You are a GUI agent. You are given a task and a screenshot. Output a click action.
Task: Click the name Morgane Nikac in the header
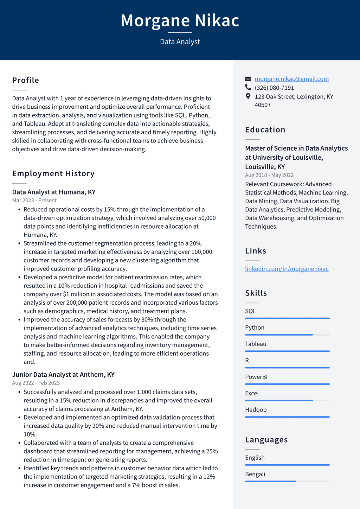pos(180,20)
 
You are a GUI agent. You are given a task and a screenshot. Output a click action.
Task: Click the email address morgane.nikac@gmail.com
pos(291,79)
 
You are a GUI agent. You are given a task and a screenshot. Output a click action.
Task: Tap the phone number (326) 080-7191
pos(274,88)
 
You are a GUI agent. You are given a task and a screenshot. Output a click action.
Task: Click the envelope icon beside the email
pos(248,79)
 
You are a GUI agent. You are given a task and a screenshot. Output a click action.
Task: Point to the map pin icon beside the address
pos(248,96)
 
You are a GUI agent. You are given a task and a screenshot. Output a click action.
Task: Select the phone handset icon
pos(248,88)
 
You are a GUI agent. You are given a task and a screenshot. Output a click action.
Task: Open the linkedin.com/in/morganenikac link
pos(287,269)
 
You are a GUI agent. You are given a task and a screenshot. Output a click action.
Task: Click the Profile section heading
pos(26,80)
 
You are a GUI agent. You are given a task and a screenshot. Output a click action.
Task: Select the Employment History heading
pos(53,173)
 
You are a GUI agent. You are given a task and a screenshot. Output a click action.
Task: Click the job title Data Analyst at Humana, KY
pos(54,192)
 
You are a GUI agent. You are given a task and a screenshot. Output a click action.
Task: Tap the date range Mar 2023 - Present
pos(34,201)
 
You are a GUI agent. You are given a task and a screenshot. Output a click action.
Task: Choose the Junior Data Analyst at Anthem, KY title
pos(63,375)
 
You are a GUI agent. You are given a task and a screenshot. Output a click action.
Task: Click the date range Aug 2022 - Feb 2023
pos(36,383)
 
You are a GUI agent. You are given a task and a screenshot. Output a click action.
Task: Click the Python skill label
pos(255,327)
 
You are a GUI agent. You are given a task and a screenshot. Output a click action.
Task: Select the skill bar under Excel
pos(287,400)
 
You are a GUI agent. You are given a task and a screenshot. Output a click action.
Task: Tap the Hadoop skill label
pos(256,410)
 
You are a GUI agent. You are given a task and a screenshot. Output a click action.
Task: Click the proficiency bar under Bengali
pos(287,481)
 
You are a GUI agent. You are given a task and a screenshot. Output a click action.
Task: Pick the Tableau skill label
pos(256,344)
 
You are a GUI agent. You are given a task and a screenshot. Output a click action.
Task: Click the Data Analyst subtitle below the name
pos(180,42)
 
